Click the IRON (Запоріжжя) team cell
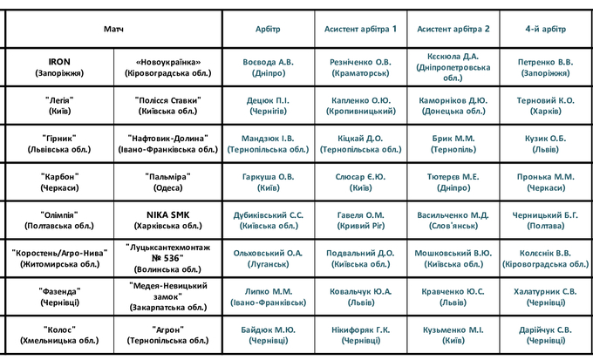click(59, 68)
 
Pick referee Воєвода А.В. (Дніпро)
click(269, 68)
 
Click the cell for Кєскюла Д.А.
click(453, 68)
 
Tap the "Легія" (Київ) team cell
click(59, 106)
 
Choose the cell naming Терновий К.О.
click(546, 106)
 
